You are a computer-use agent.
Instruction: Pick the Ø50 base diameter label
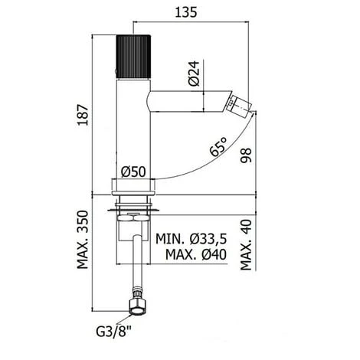(x=136, y=172)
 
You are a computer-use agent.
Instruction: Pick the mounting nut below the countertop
(x=135, y=218)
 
